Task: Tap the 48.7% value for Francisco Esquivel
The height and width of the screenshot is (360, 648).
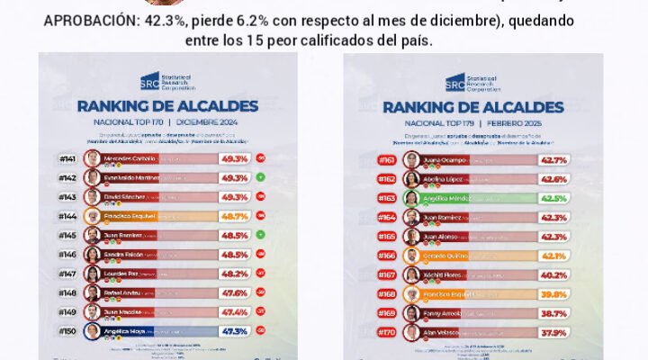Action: (x=234, y=216)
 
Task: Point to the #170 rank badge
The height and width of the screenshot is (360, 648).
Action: (x=386, y=332)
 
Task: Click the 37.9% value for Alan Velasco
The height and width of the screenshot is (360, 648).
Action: (x=552, y=332)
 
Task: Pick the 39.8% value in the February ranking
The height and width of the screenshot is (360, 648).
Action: (x=552, y=293)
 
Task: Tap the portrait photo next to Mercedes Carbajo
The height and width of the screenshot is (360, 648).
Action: (x=92, y=158)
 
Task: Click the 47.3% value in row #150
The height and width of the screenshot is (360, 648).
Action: (x=234, y=330)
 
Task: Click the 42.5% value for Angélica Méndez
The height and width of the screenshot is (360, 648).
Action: (x=552, y=198)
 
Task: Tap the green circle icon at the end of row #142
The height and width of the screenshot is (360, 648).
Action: (x=260, y=177)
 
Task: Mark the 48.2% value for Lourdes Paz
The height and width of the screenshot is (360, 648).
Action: (x=234, y=273)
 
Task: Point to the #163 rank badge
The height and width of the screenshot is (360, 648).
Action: (x=386, y=198)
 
